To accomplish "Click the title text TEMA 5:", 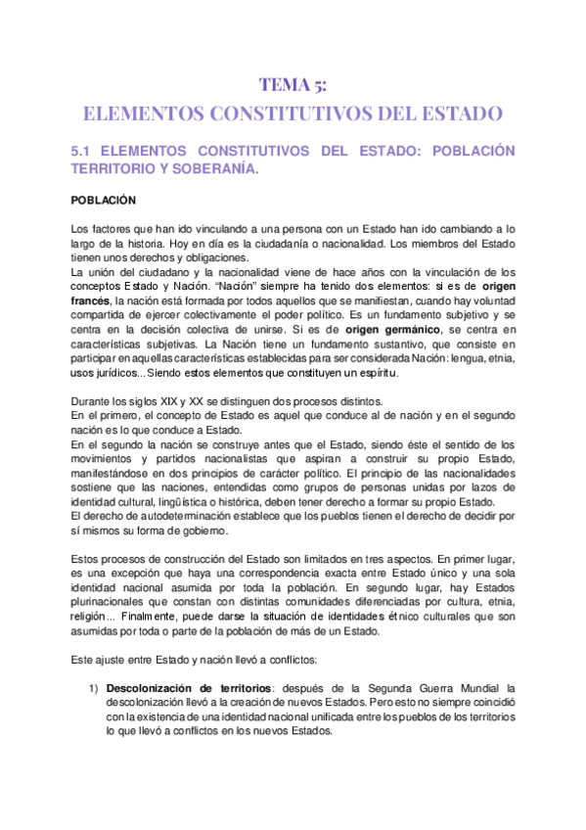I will (x=293, y=84).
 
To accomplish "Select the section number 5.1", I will (x=84, y=152).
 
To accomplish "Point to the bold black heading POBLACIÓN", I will (x=104, y=200).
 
